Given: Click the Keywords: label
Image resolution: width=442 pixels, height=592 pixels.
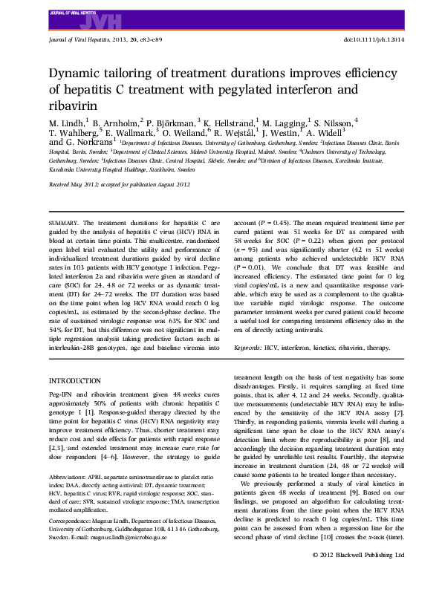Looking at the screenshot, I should [247, 347].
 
